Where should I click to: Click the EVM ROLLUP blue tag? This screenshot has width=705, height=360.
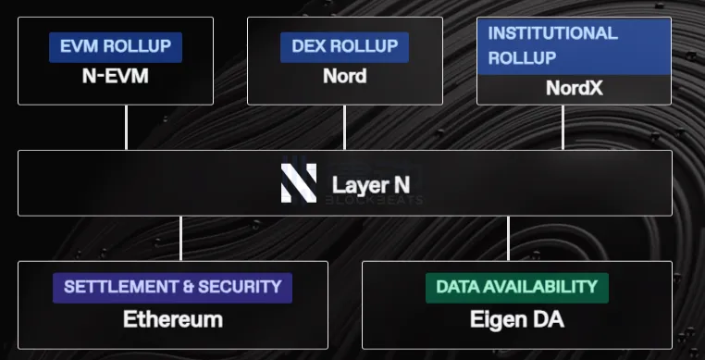116,47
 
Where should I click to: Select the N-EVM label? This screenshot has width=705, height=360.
115,76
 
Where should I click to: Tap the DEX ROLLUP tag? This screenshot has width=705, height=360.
344,46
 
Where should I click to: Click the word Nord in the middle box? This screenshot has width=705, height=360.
344,76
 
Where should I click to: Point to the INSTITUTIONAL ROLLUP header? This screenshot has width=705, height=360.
573,45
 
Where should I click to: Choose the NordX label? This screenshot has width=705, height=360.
573,89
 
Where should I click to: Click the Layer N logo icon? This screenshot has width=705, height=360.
299,183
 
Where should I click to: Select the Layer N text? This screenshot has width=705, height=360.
370,184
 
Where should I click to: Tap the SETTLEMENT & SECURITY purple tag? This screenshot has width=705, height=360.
172,287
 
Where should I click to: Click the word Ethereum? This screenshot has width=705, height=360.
173,320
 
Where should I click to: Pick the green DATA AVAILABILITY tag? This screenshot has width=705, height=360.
516,287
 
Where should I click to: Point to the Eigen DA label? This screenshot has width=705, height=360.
516,320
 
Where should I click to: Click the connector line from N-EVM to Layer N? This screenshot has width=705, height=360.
127,128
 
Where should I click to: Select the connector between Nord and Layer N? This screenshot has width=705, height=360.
344,128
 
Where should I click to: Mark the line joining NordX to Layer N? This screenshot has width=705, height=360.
563,128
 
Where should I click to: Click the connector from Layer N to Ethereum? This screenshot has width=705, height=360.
181,238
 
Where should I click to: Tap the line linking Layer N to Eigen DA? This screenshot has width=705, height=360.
508,238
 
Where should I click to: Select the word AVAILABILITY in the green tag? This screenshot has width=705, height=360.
546,287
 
